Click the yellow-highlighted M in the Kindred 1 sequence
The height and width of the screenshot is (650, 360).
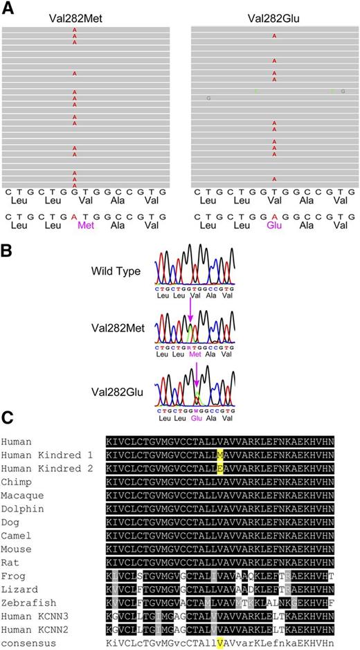(219, 453)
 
